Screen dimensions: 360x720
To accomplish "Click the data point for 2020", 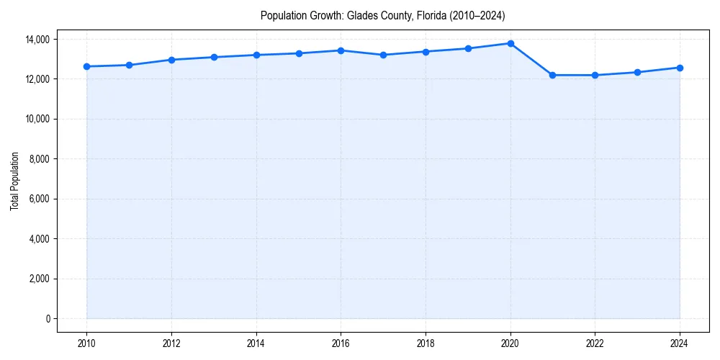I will tap(510, 43).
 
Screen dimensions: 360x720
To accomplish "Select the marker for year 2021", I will tap(552, 75).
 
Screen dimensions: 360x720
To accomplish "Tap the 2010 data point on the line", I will tap(86, 66).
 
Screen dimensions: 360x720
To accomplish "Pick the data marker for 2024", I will tap(680, 68).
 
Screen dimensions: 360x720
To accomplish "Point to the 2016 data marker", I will tap(341, 50).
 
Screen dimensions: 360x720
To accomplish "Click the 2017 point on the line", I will tap(383, 55).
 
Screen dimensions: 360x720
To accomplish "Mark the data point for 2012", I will tap(171, 60).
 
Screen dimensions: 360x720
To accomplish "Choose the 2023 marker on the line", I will tap(637, 72).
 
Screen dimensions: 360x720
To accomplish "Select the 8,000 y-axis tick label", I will tap(41, 159).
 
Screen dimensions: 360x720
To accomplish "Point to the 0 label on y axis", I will tap(48, 319).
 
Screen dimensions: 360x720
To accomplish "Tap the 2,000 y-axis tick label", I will tap(41, 279).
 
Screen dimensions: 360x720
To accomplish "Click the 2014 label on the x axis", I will tap(256, 344).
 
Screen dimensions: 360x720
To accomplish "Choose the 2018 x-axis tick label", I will tap(426, 344).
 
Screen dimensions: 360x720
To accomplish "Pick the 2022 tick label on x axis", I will tap(595, 344).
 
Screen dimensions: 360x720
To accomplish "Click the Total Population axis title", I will tap(15, 181).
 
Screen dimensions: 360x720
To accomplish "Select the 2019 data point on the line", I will tap(468, 48).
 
